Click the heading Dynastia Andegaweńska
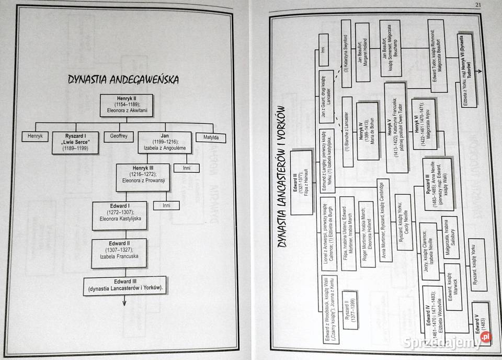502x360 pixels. [x=123, y=79]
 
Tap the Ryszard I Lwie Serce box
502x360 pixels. [x=75, y=142]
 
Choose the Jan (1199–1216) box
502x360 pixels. [x=165, y=142]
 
